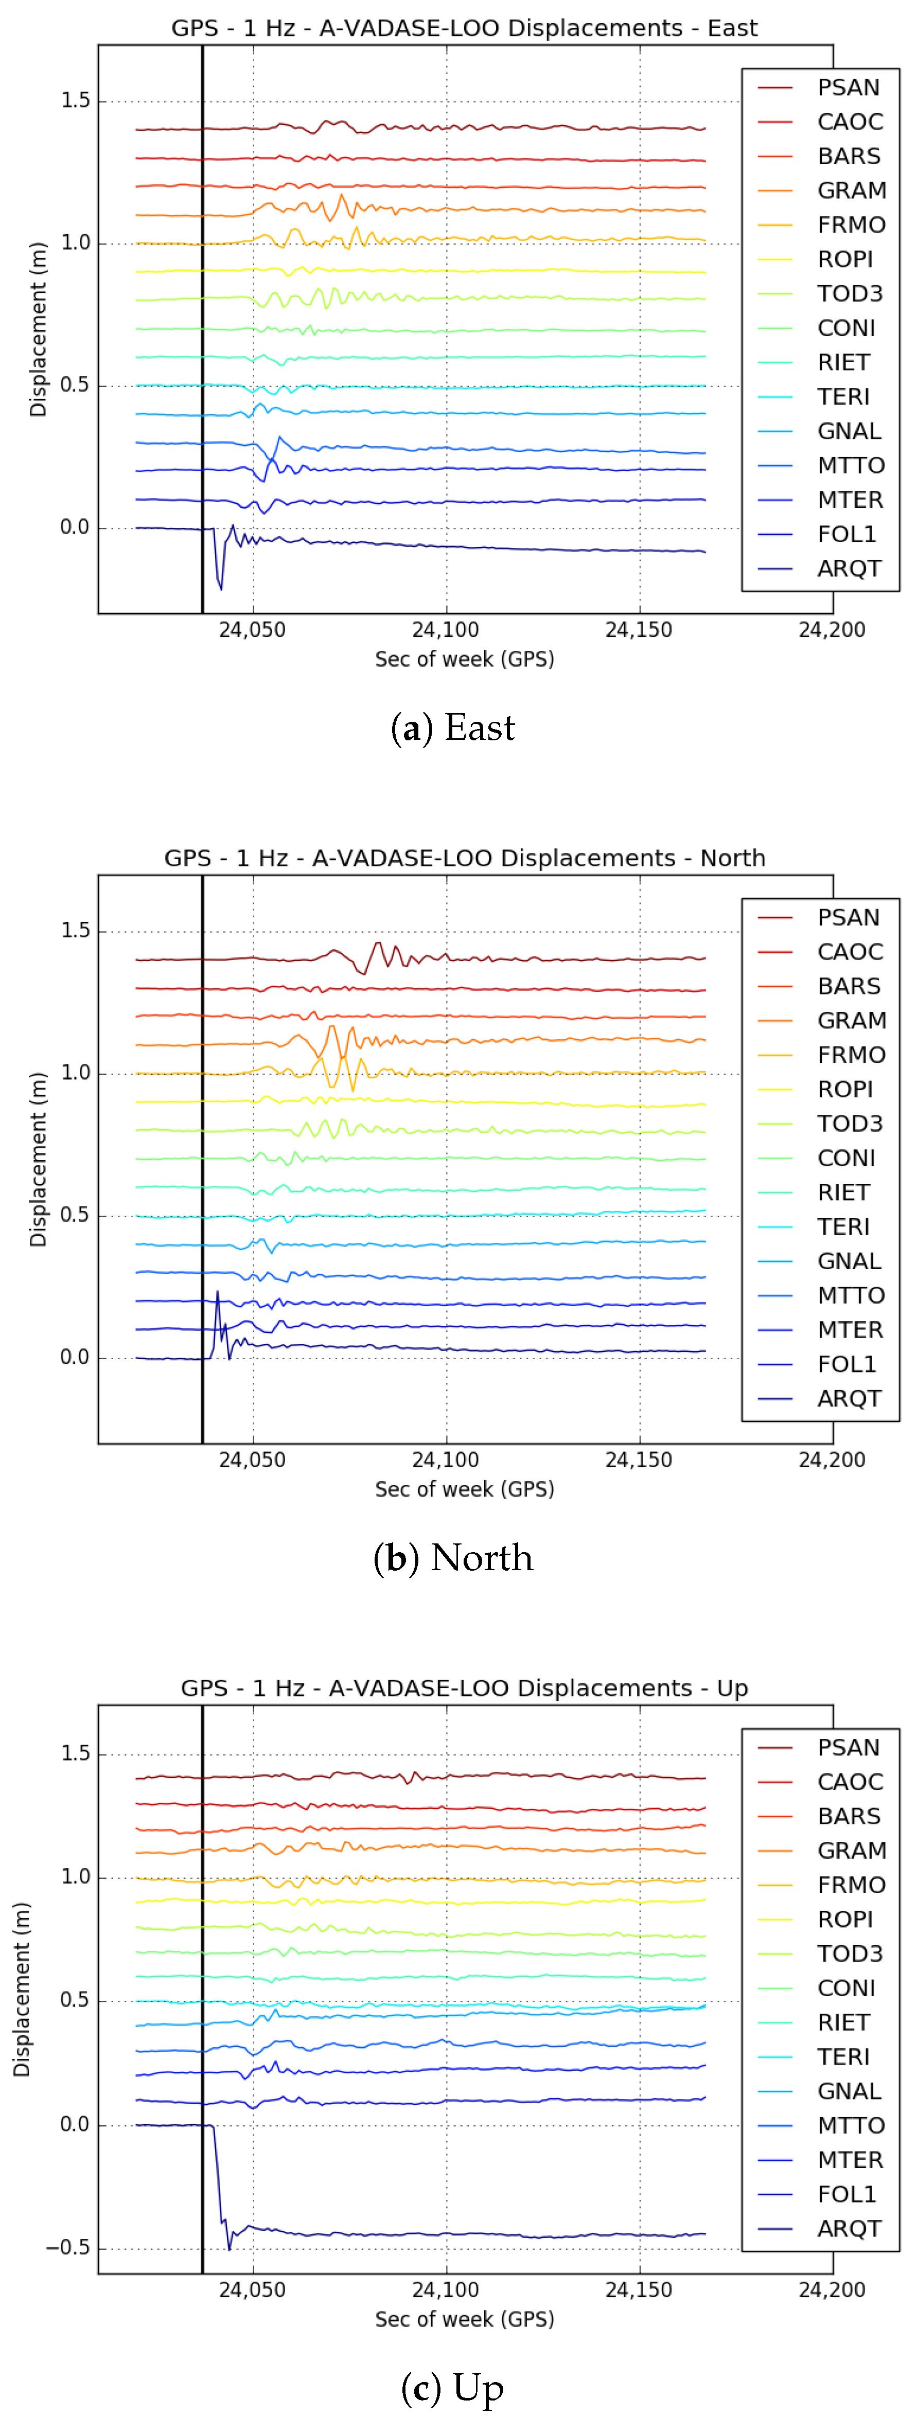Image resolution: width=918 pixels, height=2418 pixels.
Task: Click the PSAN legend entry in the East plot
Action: [x=848, y=87]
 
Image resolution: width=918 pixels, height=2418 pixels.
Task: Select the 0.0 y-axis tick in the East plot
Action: [x=75, y=527]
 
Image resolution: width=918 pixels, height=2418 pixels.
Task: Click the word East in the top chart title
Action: [x=732, y=28]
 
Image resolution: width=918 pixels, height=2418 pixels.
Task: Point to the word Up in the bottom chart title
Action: [x=732, y=1688]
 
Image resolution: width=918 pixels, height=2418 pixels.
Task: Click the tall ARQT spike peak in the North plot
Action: [x=218, y=1292]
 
